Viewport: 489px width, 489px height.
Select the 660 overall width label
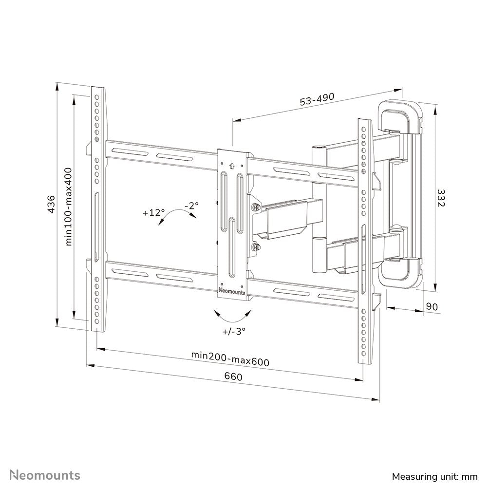click(233, 376)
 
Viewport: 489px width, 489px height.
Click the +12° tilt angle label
click(154, 213)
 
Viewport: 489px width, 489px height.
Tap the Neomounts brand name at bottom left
click(46, 474)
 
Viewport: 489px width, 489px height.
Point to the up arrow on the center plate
click(232, 165)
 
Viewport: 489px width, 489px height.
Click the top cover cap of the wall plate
click(400, 115)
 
